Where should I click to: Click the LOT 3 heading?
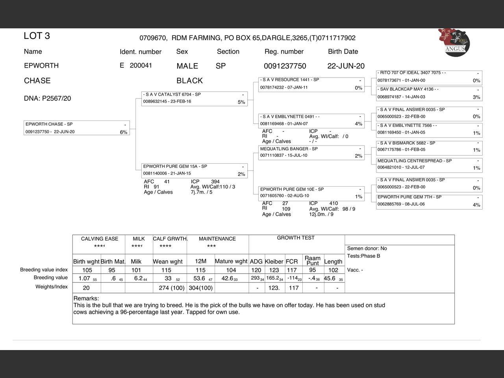point(37,36)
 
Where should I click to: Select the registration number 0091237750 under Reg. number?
point(285,66)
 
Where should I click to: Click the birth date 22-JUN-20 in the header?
point(346,66)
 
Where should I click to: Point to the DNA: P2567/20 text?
point(47,98)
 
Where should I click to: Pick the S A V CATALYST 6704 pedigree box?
point(194,98)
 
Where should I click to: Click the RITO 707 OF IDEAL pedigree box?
point(429,76)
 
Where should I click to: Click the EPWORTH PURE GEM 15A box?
point(194,170)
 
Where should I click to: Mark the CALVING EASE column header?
point(99,239)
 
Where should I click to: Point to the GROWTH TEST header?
point(296,238)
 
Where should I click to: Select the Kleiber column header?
point(274,261)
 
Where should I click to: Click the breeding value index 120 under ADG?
point(256,270)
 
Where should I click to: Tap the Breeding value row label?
point(50,278)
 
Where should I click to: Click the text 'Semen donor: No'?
point(367,248)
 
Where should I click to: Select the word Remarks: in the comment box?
point(86,298)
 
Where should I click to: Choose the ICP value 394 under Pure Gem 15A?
point(215,182)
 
